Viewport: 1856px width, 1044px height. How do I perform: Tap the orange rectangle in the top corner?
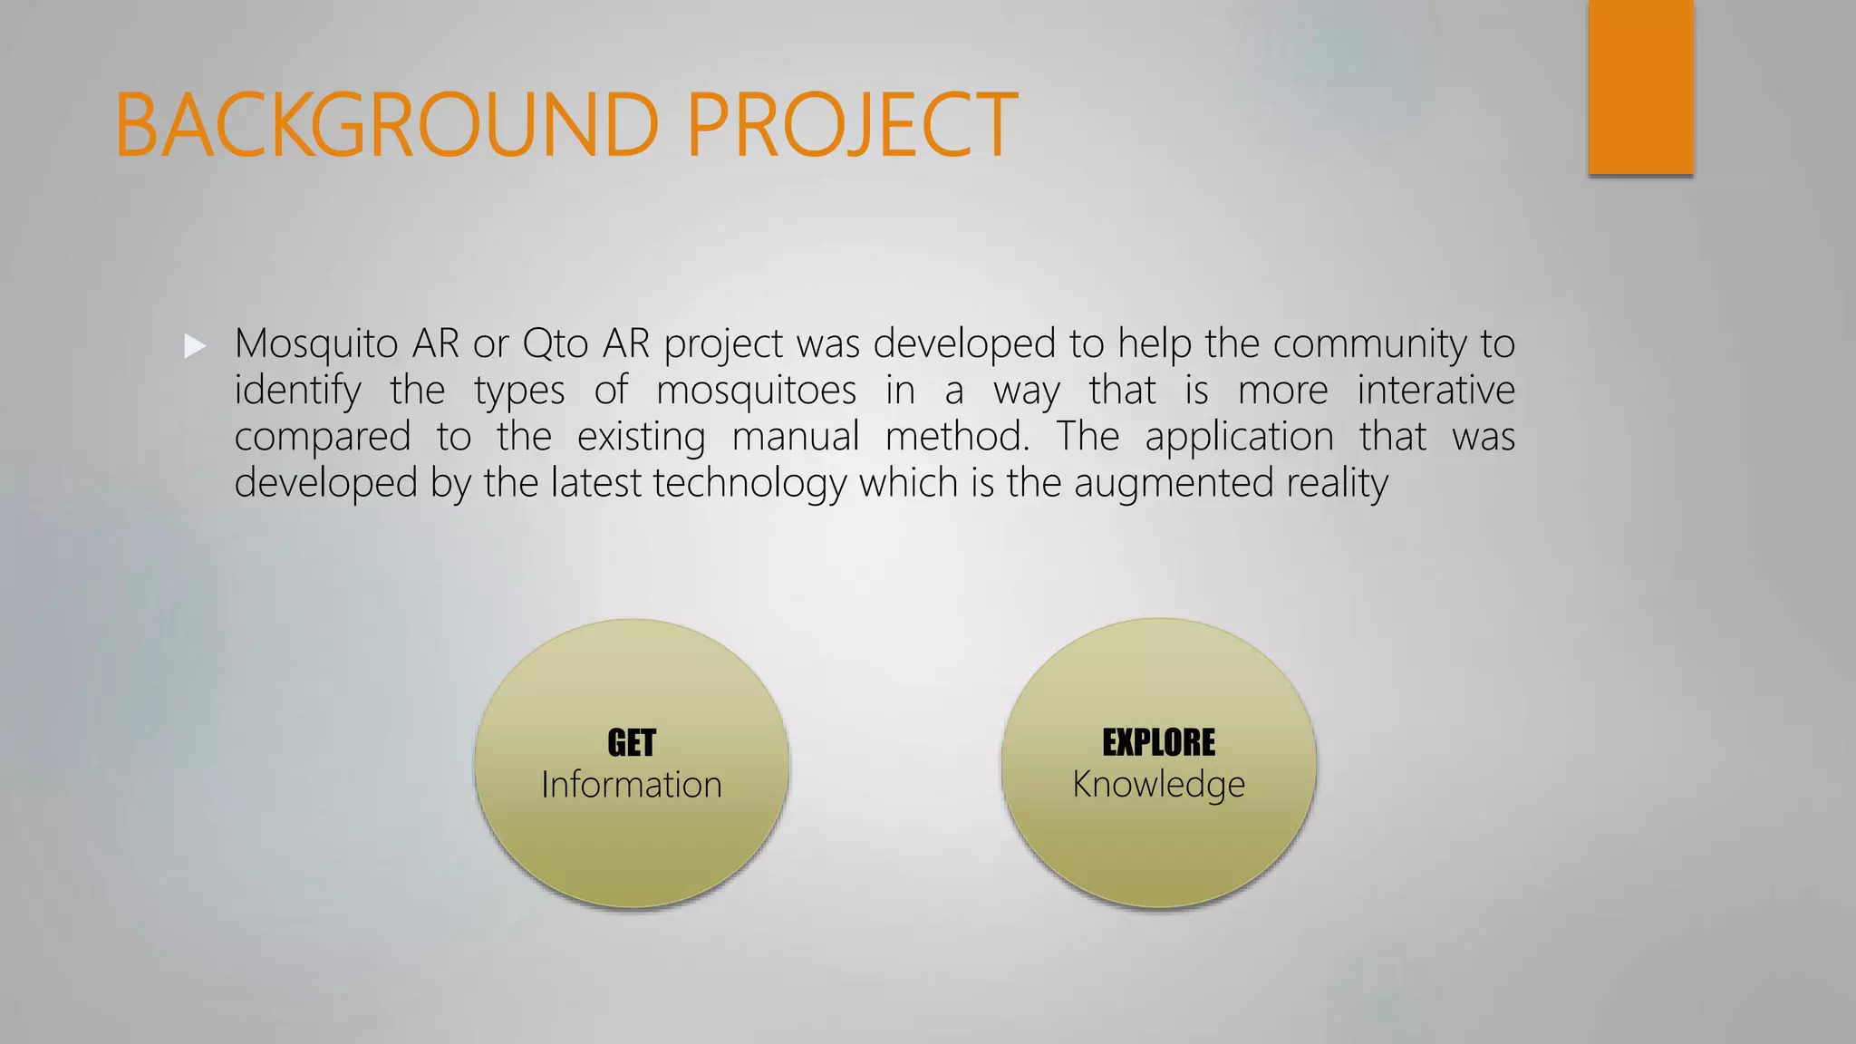1640,87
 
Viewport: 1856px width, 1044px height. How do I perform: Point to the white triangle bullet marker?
195,345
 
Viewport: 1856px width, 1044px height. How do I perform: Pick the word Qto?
555,343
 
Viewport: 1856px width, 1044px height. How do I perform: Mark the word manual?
795,437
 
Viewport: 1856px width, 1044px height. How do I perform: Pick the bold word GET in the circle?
632,743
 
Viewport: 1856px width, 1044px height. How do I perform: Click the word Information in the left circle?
632,785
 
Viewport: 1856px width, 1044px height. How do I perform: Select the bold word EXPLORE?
1158,742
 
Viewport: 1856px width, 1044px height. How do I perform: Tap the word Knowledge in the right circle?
1158,785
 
